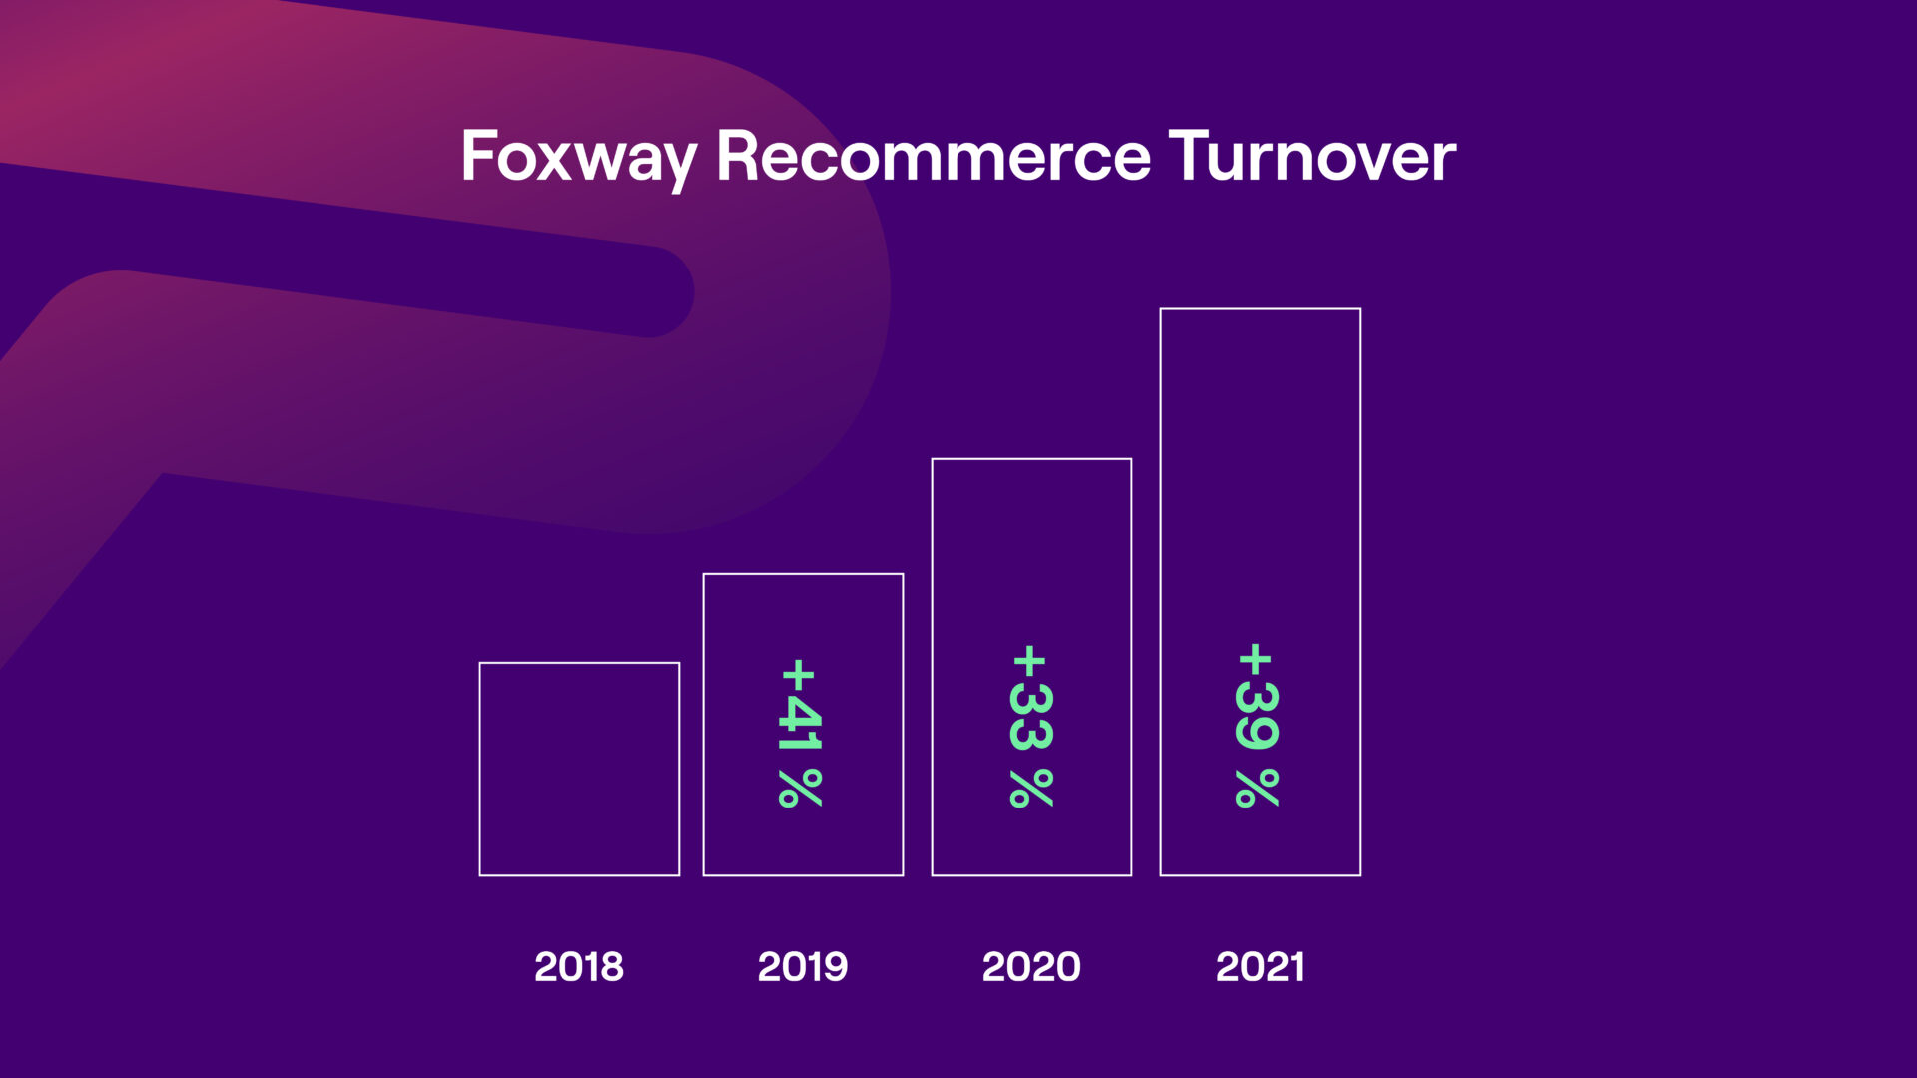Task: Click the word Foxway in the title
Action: point(579,159)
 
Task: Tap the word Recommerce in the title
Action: point(934,156)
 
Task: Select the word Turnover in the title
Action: point(1312,156)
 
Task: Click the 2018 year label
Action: point(579,966)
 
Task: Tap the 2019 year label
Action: point(803,966)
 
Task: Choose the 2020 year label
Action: point(1031,966)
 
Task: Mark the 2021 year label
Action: point(1260,966)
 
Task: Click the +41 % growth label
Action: point(801,732)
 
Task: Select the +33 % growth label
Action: point(1031,726)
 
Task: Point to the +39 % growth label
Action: point(1257,725)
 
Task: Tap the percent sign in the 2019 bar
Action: point(801,788)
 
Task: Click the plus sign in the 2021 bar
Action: point(1255,660)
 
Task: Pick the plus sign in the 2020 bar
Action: point(1029,661)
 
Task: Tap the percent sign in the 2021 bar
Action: point(1257,788)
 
